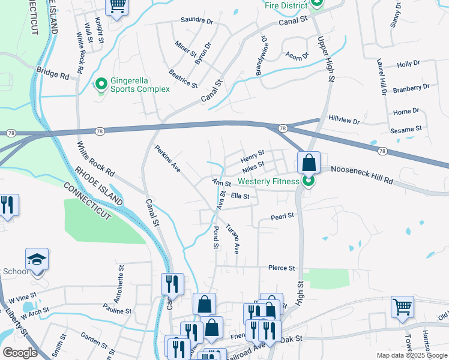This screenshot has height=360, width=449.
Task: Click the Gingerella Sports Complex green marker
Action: (x=101, y=83)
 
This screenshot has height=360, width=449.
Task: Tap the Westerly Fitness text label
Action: (x=268, y=181)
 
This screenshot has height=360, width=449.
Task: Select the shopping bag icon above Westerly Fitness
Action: (x=309, y=162)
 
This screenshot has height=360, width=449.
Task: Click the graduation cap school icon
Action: (x=37, y=260)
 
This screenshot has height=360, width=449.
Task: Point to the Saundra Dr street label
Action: (x=197, y=20)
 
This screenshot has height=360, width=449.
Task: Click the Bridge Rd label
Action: (x=52, y=73)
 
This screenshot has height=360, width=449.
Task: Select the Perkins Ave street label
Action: (x=167, y=159)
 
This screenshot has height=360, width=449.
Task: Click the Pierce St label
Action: (x=282, y=268)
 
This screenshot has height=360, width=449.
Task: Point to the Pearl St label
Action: (x=282, y=216)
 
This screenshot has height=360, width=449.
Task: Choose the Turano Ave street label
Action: (x=233, y=238)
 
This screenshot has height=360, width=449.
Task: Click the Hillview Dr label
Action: (x=344, y=121)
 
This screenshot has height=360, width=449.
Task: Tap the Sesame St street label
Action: (x=406, y=130)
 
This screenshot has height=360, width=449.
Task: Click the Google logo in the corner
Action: (x=20, y=353)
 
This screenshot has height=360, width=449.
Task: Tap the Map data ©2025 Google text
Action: (x=412, y=355)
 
